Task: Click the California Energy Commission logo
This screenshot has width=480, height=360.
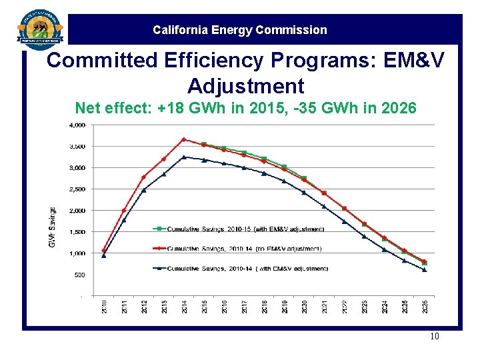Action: (41, 29)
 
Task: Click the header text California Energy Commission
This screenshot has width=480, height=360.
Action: (240, 30)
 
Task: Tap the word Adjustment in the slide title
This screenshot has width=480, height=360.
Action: (245, 85)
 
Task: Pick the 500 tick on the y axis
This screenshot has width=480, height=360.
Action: (79, 275)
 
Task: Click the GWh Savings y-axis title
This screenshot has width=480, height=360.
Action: (53, 227)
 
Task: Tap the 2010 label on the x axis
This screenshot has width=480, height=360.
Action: (104, 307)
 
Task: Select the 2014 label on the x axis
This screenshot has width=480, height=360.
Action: (184, 307)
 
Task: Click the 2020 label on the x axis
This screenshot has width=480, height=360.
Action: (305, 307)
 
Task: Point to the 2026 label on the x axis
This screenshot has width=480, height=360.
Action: (425, 307)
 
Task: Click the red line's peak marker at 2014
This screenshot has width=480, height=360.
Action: (184, 139)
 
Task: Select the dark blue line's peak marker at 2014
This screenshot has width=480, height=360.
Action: (184, 157)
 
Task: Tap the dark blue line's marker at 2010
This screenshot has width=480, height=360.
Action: (104, 255)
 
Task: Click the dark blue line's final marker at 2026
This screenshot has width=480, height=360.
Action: (425, 270)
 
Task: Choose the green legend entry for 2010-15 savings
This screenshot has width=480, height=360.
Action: (244, 229)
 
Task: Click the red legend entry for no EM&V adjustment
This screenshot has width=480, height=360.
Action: (243, 249)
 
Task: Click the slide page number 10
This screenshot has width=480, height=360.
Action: (435, 337)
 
